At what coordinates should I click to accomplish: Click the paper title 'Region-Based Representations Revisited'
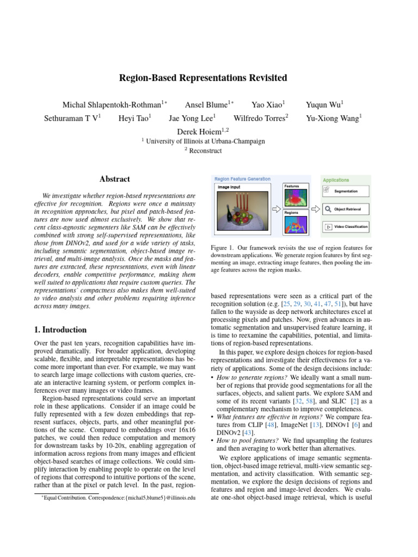point(203,78)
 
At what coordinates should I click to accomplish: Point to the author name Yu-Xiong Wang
point(334,117)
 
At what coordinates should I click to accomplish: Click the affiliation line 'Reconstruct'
point(206,151)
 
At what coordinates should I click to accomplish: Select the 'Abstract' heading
point(115,179)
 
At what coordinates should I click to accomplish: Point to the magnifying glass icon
point(328,209)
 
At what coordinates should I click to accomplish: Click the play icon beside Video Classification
point(328,226)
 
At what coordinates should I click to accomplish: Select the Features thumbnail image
point(297,198)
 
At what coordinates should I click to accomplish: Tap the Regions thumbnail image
point(297,225)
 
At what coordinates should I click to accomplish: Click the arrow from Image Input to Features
point(276,208)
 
